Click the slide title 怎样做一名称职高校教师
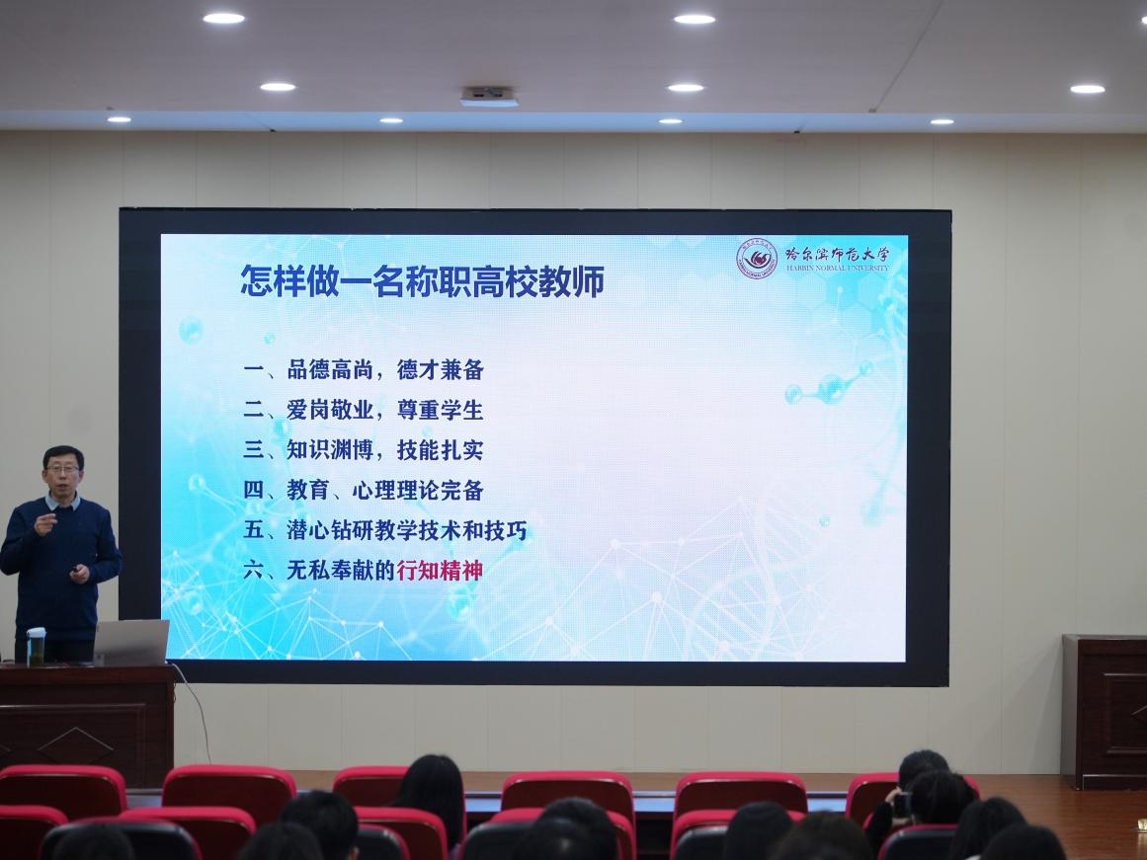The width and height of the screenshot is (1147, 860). click(422, 280)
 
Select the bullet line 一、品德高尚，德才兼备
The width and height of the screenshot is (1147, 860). click(364, 370)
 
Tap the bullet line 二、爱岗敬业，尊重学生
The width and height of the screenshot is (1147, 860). click(364, 411)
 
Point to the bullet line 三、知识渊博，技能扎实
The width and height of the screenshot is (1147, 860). click(364, 450)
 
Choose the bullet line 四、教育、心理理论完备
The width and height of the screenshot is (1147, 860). click(364, 491)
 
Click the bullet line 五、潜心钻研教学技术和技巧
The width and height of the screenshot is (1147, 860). click(385, 530)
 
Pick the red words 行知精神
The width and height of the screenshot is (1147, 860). click(440, 571)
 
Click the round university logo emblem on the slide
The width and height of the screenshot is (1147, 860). click(757, 259)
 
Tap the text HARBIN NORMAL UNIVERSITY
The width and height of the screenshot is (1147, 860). click(839, 269)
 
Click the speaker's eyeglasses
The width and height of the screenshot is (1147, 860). click(62, 469)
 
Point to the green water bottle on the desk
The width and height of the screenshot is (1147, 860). click(36, 647)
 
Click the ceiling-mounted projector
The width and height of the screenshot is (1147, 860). click(489, 97)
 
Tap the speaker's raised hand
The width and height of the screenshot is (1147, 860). click(45, 523)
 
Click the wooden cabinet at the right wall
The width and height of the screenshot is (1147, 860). click(1105, 712)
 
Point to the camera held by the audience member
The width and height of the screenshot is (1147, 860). click(900, 804)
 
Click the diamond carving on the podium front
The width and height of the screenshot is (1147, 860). click(76, 745)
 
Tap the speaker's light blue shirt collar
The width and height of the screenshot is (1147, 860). click(62, 502)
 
